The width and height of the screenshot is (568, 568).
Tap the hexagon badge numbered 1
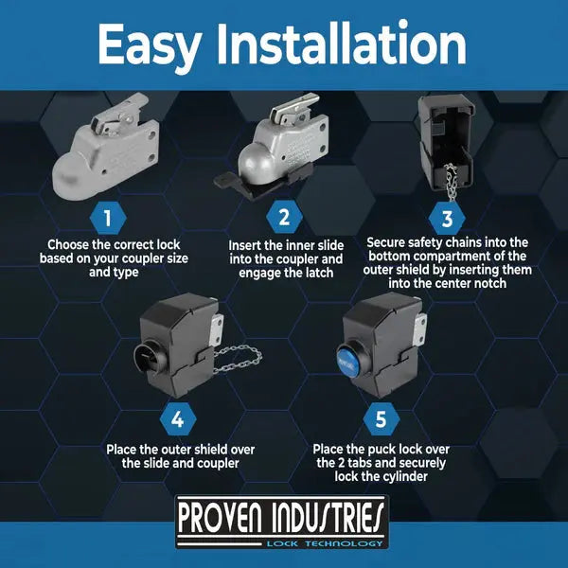click(x=108, y=218)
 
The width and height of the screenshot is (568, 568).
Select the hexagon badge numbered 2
click(x=284, y=218)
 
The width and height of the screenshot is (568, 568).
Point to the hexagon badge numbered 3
click(x=447, y=219)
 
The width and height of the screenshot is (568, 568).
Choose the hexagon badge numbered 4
click(x=178, y=419)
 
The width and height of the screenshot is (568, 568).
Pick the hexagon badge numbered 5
click(x=382, y=418)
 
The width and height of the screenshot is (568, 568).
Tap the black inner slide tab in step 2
click(x=227, y=180)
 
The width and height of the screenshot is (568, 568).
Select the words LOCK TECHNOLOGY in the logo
click(x=325, y=543)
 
